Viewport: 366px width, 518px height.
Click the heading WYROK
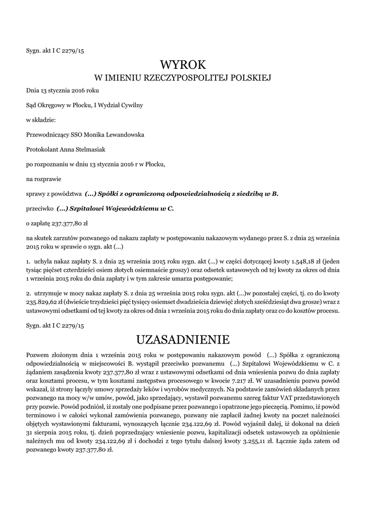click(x=183, y=64)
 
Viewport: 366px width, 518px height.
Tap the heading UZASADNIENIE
click(x=183, y=338)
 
